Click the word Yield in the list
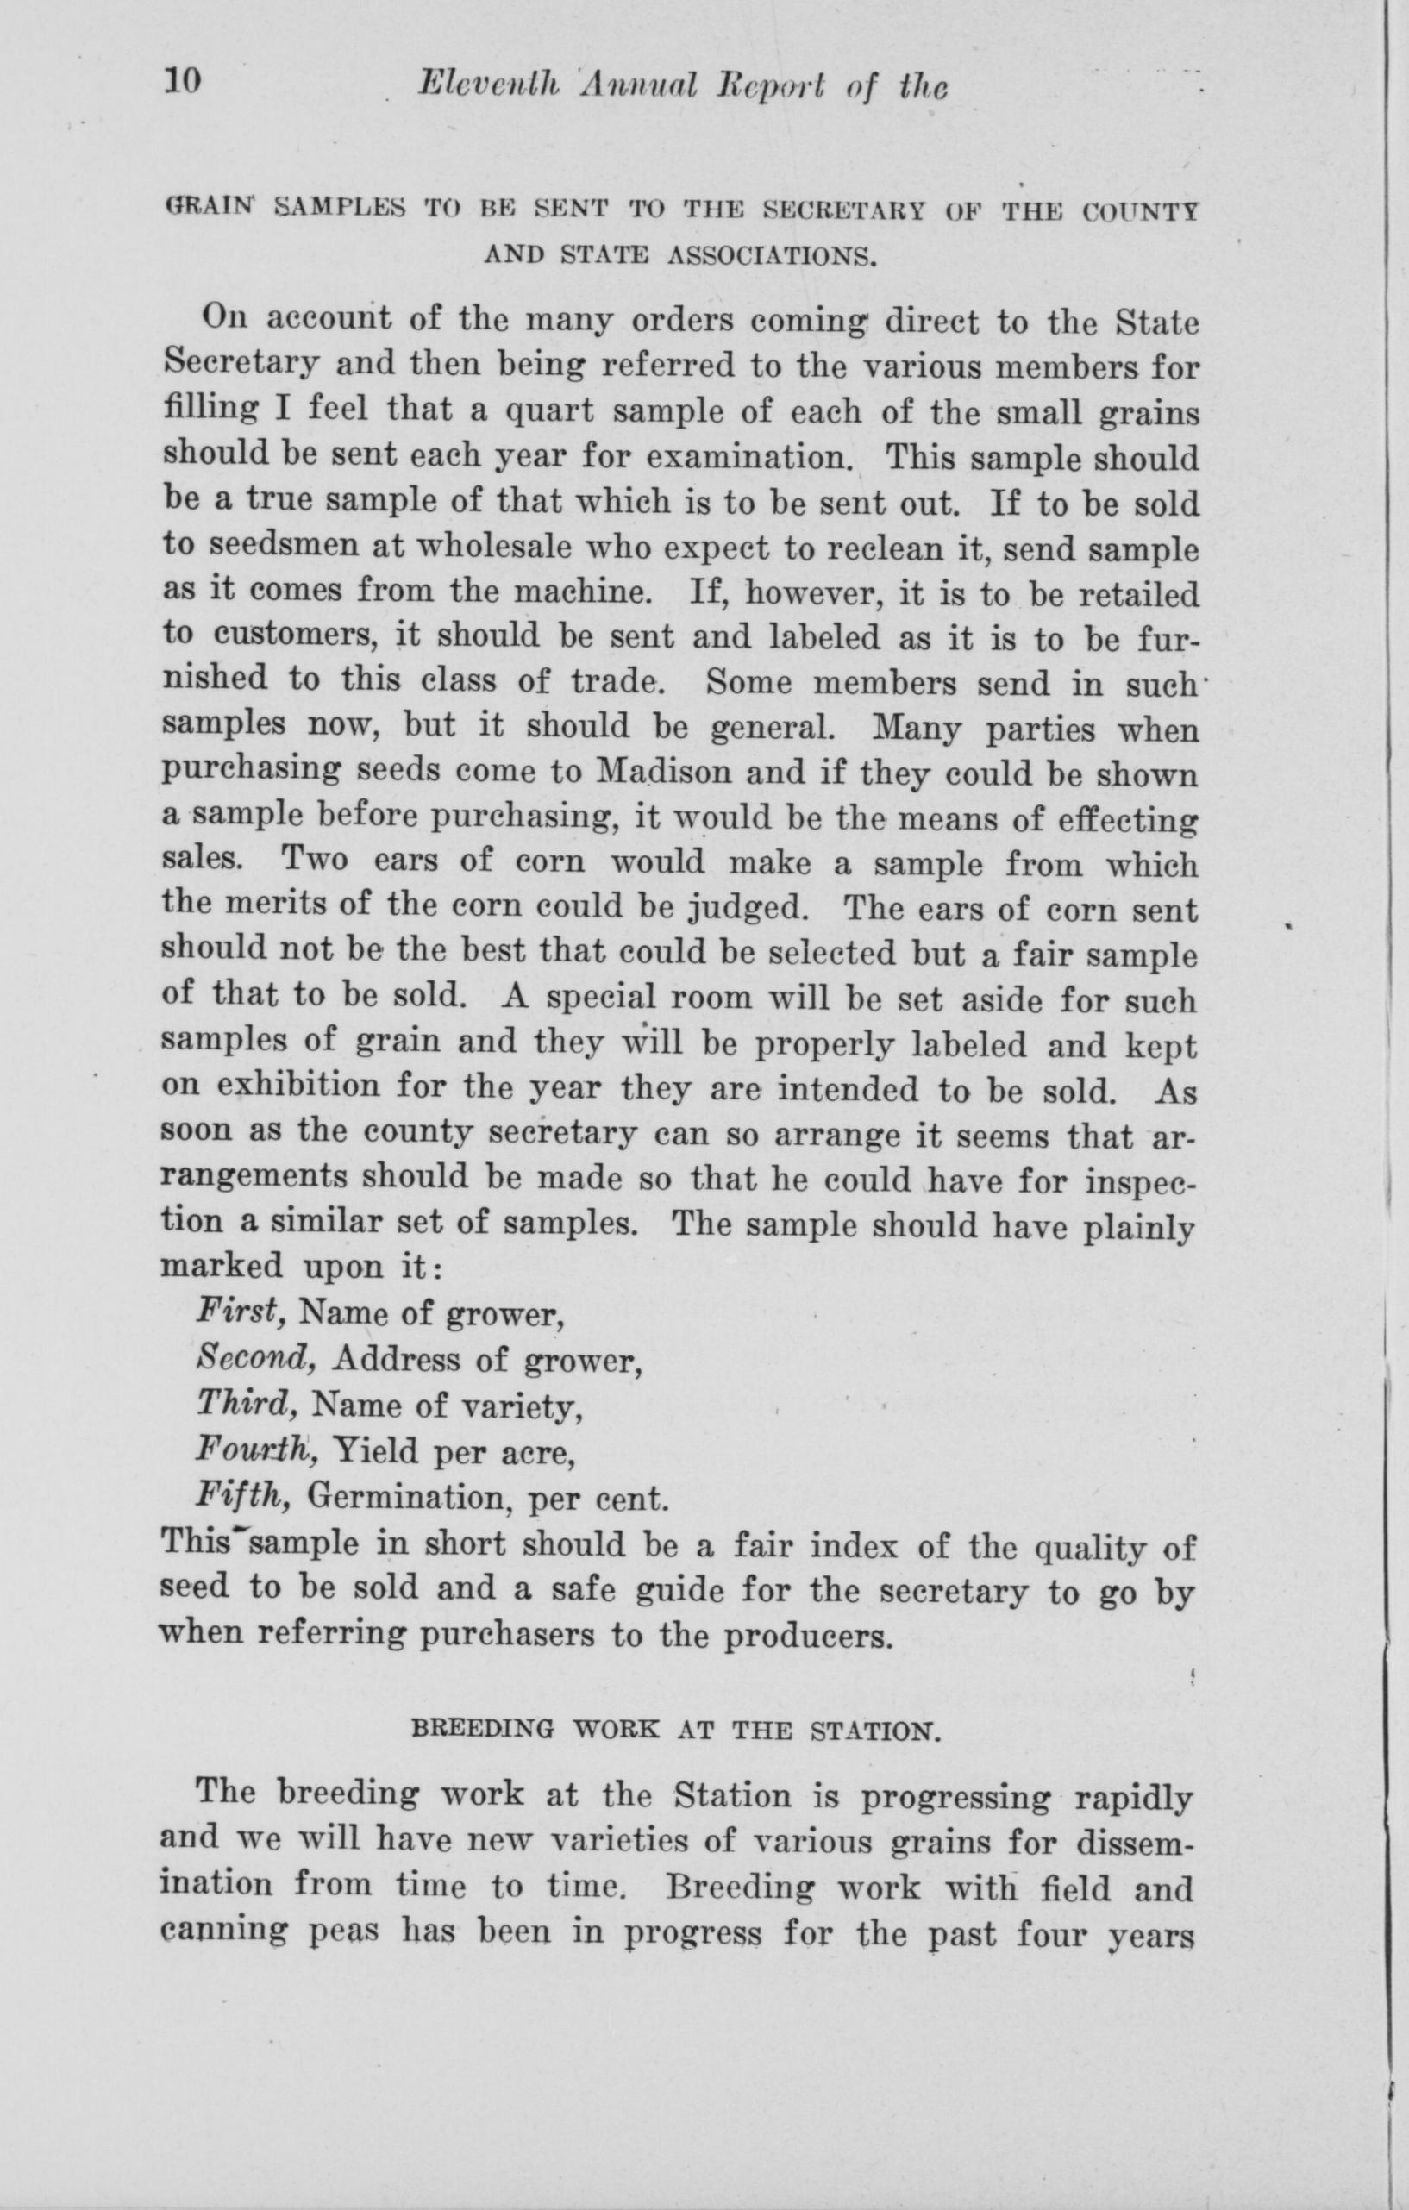pyautogui.click(x=376, y=1450)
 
